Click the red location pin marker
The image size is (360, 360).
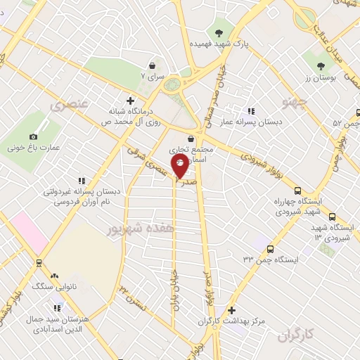(x=180, y=167)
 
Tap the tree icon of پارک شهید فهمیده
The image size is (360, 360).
(x=219, y=32)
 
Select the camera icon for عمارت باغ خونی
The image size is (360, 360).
(x=32, y=136)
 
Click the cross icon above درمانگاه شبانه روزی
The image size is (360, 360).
(x=129, y=101)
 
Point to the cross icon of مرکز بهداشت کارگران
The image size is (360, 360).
(x=232, y=310)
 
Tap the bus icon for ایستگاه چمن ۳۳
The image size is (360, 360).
(x=271, y=248)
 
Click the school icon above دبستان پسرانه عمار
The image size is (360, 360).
(x=251, y=111)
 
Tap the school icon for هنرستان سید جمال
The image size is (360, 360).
(x=56, y=308)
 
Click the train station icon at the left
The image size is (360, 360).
(x=38, y=263)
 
